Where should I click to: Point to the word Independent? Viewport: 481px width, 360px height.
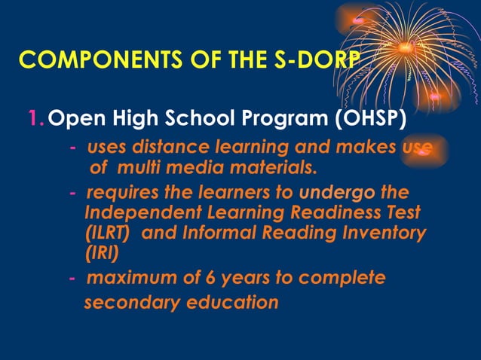click(138, 213)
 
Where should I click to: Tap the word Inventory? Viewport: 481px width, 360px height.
click(381, 233)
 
